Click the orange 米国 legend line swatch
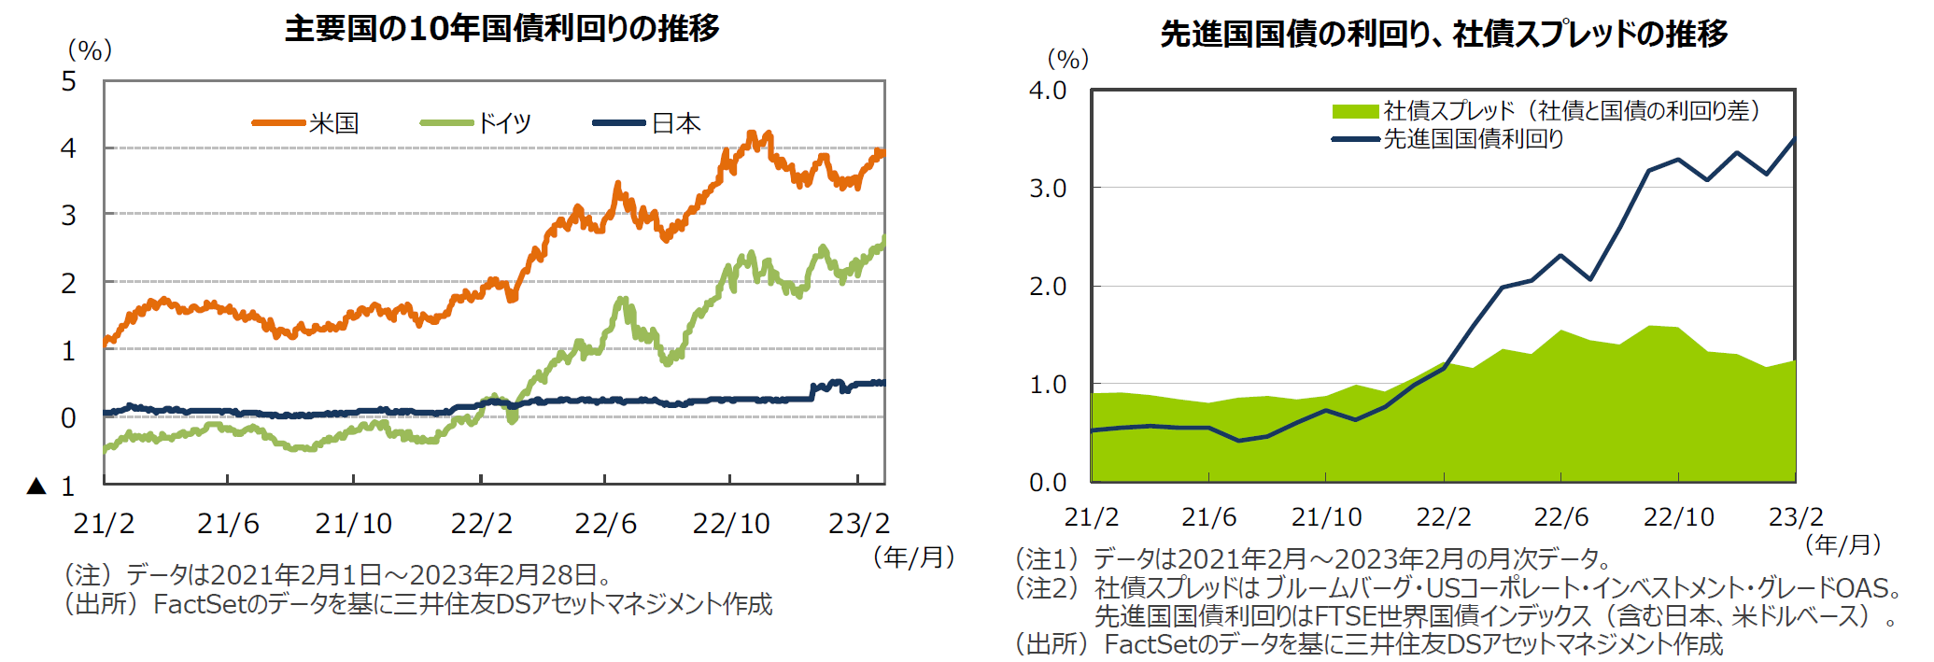point(278,122)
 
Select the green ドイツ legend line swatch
point(446,122)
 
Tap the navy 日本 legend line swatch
point(619,122)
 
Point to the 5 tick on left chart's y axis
point(69,81)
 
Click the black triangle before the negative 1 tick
point(36,486)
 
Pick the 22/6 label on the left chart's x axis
point(605,524)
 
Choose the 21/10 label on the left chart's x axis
point(353,524)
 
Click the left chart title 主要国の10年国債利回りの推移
point(501,29)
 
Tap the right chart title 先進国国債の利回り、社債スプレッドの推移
point(1444,35)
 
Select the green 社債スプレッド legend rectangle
point(1355,111)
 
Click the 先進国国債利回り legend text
point(1474,139)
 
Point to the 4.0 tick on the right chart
point(1048,91)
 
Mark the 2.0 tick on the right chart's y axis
point(1048,287)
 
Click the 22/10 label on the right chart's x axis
point(1678,517)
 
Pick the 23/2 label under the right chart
point(1796,517)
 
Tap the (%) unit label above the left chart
point(90,50)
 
